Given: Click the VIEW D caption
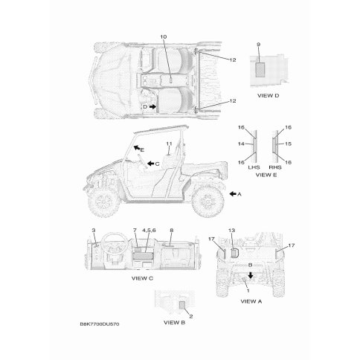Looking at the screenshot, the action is coord(268,95).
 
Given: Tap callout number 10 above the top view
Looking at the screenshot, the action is coord(164,37).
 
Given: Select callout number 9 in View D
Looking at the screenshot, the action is coord(258,45).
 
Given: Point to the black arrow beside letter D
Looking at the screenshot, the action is coord(153,106).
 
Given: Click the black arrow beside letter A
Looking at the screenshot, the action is coord(233,194).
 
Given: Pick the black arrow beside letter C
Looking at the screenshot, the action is coord(151,164).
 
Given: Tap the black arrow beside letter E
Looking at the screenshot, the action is coord(137,148).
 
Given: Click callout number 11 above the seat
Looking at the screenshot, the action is coord(169,144).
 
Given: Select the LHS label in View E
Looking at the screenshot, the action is coord(254,167).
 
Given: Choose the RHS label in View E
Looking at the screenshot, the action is coord(275,167).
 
